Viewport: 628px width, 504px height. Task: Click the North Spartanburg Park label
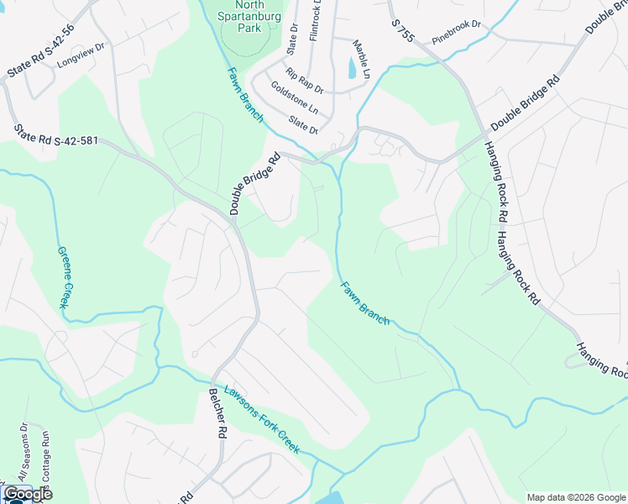click(245, 16)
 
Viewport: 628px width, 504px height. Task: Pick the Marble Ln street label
click(361, 59)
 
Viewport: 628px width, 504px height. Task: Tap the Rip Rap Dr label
click(304, 82)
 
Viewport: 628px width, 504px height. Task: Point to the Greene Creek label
click(63, 277)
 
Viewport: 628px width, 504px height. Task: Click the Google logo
click(28, 494)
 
